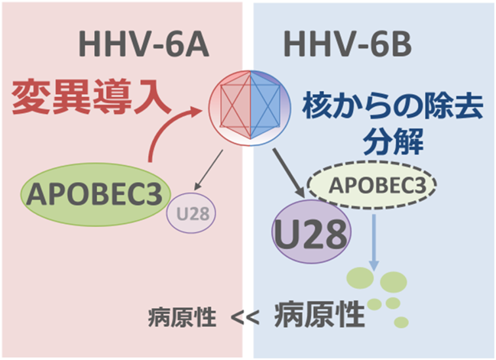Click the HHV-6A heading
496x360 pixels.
(x=143, y=44)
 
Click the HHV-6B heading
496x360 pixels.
(x=347, y=44)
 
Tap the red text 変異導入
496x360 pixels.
(x=91, y=97)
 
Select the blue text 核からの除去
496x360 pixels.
(x=393, y=105)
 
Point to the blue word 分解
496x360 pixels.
(x=394, y=141)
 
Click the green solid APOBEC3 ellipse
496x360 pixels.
(x=96, y=194)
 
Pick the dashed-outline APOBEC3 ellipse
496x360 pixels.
(x=372, y=185)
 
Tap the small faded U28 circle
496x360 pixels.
(x=191, y=213)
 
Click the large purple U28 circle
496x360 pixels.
(x=312, y=232)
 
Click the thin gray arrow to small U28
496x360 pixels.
(x=208, y=170)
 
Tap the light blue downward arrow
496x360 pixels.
(x=374, y=242)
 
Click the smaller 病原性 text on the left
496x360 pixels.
(x=182, y=318)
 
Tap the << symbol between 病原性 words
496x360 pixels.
(x=245, y=318)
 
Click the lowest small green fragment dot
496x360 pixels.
(x=401, y=323)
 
